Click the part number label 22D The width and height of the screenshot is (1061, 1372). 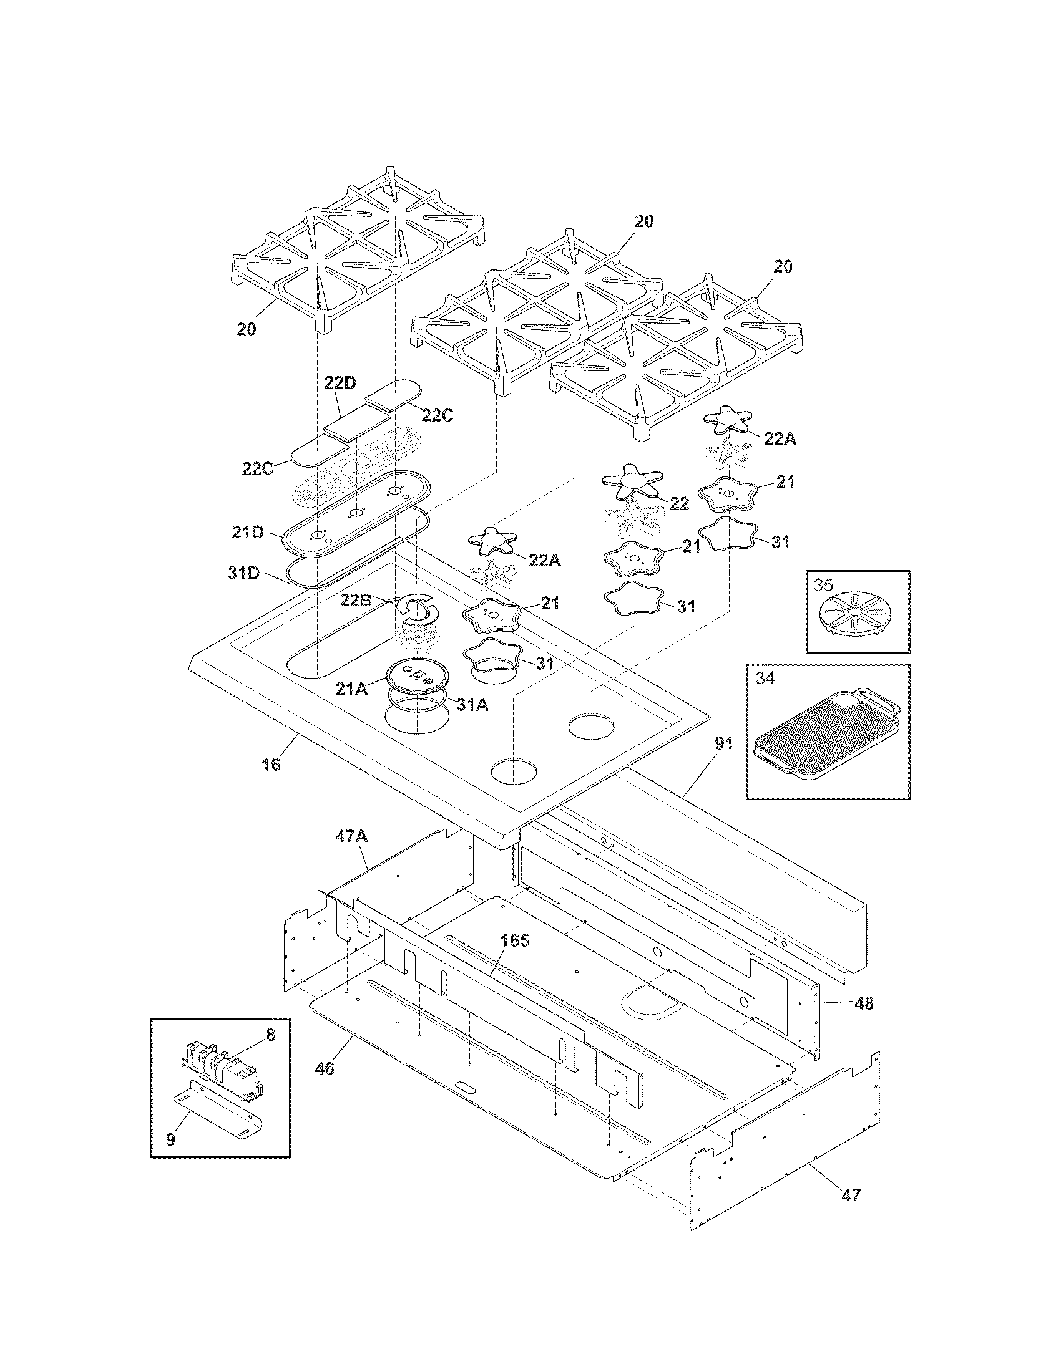click(x=340, y=382)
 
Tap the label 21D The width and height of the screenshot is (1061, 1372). click(x=247, y=532)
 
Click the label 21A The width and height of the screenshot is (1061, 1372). click(x=351, y=688)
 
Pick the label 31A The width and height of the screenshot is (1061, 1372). click(x=472, y=705)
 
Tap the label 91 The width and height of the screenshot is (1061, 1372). click(x=723, y=743)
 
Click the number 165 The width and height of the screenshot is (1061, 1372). click(x=514, y=958)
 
